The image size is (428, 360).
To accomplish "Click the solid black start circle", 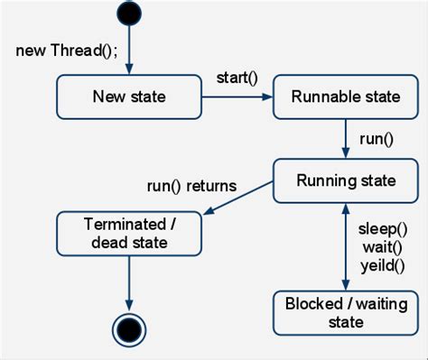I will (x=129, y=13).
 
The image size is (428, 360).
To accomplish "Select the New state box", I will (x=128, y=97).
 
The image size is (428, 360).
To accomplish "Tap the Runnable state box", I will (x=346, y=97).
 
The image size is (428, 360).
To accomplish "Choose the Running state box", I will (x=346, y=180).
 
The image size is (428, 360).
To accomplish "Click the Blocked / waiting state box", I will (x=346, y=312).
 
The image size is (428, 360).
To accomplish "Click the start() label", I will (x=237, y=77).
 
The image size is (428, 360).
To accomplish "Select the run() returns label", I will (x=191, y=186).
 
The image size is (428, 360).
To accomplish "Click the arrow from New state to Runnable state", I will (x=237, y=97).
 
